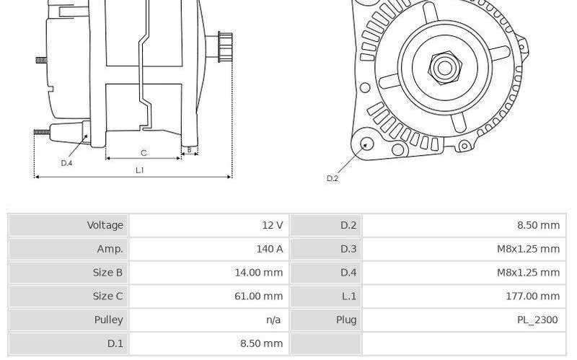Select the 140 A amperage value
270,249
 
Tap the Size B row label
107,273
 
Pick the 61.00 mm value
259,296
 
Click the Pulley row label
109,320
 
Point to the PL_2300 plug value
537,320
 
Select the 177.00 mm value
533,296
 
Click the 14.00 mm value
259,273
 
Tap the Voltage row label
105,225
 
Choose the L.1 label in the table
348,296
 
